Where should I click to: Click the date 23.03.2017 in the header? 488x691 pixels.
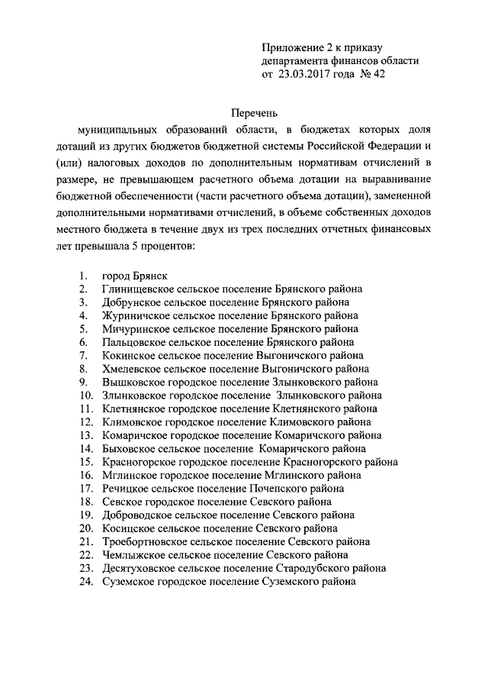303,74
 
